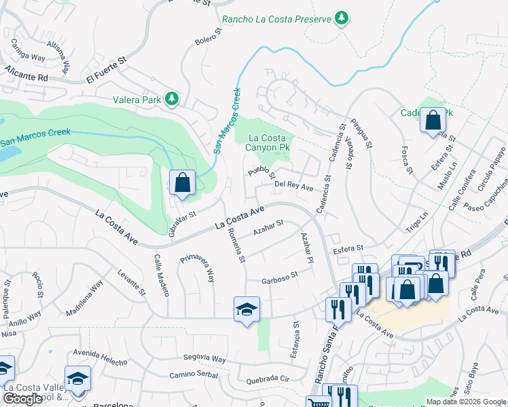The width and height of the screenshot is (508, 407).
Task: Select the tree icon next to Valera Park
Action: click(x=173, y=100)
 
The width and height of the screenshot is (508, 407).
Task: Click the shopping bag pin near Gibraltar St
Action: click(x=182, y=182)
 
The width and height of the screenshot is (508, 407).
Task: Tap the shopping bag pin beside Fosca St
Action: click(x=433, y=121)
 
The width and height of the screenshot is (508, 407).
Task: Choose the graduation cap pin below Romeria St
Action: click(x=247, y=309)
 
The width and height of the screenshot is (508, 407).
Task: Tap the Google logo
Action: click(x=22, y=399)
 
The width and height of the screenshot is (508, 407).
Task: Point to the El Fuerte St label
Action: click(x=107, y=72)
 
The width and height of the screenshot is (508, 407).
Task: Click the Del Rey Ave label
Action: click(x=293, y=184)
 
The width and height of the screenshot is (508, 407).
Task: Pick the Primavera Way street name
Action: click(x=198, y=267)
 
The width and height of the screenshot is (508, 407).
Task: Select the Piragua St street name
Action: click(x=362, y=134)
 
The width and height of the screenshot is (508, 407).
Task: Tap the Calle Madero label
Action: click(x=162, y=275)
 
